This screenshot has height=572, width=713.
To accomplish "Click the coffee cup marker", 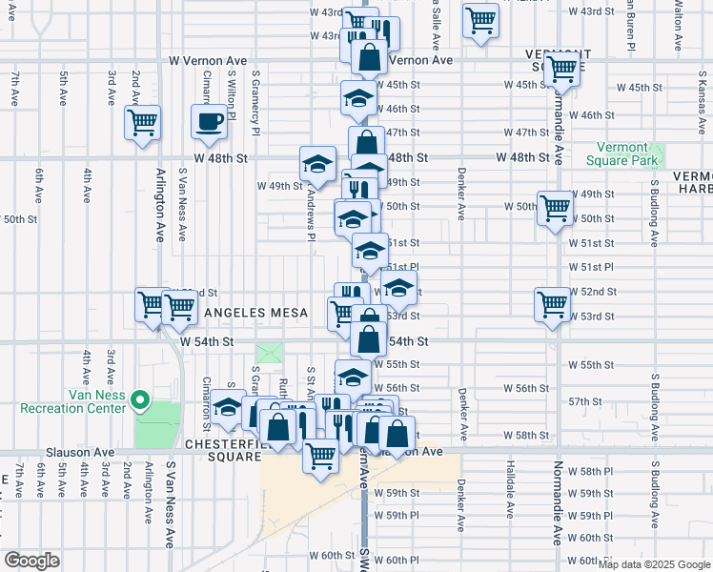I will (209, 121).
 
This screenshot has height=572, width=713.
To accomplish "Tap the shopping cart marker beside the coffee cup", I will (142, 123).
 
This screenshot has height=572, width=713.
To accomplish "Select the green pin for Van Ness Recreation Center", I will (141, 399).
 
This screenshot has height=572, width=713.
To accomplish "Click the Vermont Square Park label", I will (628, 154).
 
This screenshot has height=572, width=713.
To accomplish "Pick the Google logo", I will (32, 561).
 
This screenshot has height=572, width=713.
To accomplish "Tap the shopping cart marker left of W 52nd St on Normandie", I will (552, 305).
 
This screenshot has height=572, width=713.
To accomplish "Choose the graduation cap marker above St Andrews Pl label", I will (317, 164).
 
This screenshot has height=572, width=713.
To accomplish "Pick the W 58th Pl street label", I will (596, 473).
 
